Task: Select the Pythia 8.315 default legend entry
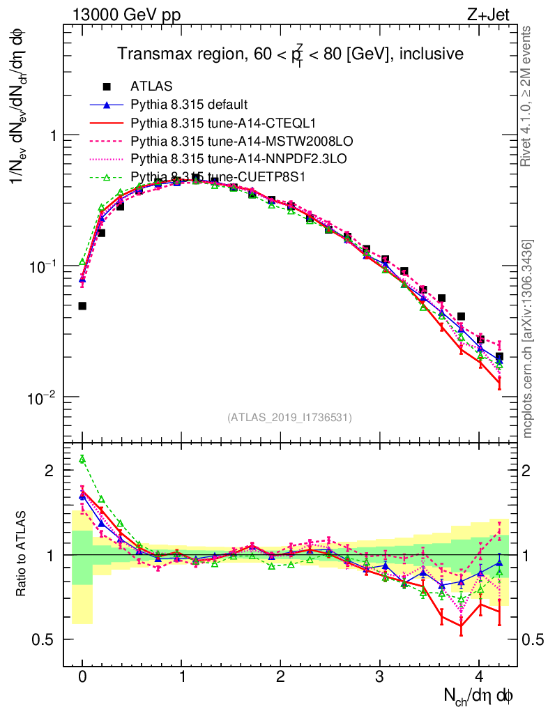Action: tap(189, 105)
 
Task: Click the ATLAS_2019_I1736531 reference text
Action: tap(289, 418)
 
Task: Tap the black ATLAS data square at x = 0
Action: tap(82, 305)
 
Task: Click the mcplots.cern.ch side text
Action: tap(528, 339)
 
